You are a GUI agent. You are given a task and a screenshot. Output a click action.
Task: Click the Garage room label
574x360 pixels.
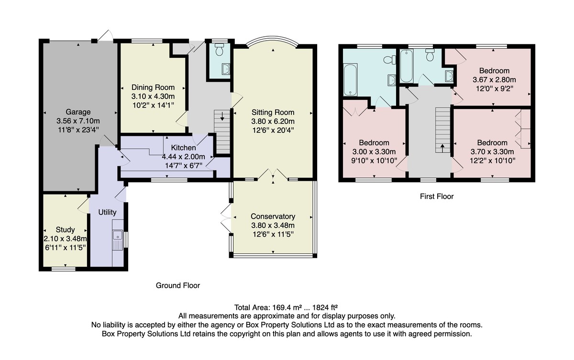point(78,112)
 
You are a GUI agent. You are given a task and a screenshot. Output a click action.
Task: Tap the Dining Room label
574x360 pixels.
point(153,87)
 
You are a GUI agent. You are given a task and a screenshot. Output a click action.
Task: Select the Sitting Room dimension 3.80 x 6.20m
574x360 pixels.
point(273,121)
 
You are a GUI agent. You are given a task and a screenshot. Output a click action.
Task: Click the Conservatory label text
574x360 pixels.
point(273,217)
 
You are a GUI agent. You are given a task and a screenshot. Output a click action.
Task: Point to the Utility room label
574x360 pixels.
point(107,212)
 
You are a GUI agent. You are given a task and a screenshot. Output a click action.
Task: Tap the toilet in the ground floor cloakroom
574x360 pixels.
point(219,49)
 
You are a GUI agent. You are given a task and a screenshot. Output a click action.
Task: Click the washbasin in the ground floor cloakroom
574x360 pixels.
point(226,69)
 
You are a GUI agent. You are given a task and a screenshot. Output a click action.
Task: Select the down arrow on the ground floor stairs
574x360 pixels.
point(222,116)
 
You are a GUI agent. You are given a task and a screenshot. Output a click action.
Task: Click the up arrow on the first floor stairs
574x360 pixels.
point(442,148)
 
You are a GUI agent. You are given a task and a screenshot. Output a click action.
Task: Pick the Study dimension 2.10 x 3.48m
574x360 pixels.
point(66,239)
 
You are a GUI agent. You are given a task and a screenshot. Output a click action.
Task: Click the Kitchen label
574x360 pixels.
point(184,148)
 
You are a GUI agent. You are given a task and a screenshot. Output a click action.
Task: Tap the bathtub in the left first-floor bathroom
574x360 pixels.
point(350,80)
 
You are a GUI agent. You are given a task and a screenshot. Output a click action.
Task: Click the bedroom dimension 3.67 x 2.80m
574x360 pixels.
point(494,80)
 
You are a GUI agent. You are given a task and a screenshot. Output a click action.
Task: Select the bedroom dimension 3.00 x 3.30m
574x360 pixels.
point(374,152)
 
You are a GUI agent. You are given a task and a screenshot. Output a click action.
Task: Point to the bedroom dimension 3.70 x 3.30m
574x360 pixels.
point(492,152)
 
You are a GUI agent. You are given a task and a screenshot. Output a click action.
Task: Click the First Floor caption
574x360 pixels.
point(437,196)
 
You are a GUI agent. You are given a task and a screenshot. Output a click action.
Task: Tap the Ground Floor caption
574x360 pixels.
point(178,285)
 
